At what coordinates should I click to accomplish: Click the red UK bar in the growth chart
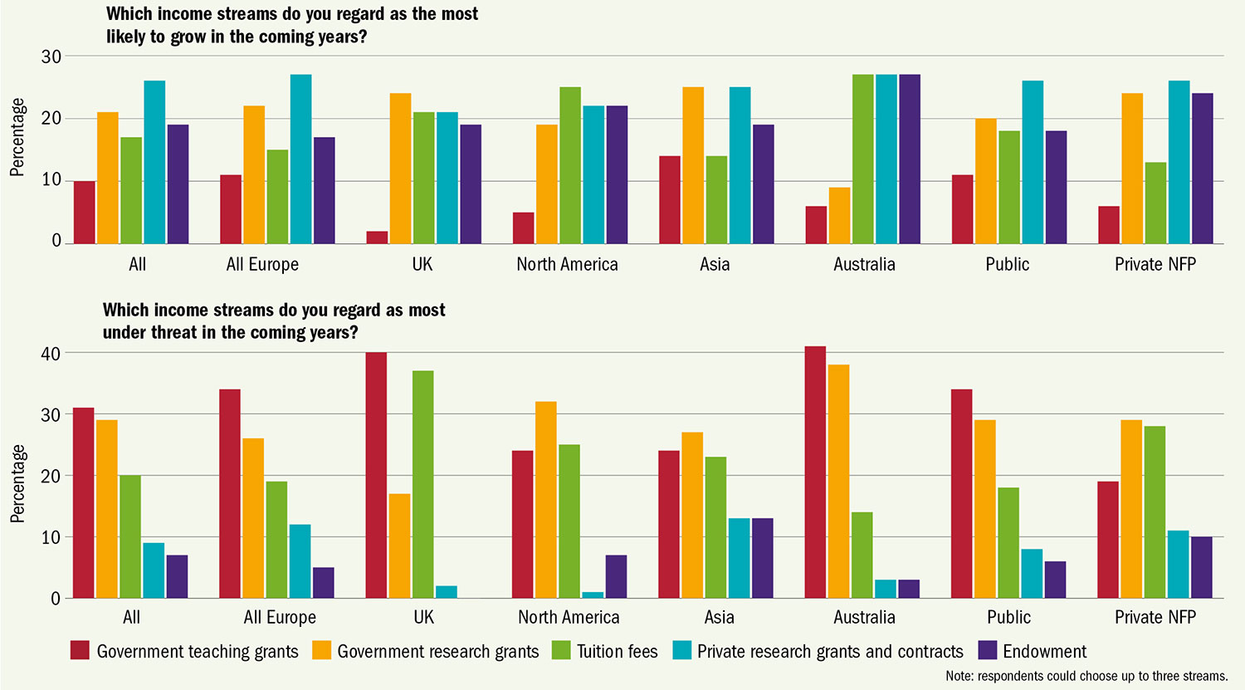point(377,237)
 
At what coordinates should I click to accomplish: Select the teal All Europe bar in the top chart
point(300,159)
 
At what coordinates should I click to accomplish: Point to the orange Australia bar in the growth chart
point(839,215)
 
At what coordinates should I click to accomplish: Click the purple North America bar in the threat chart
point(616,576)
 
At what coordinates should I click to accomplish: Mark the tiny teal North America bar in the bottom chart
point(592,595)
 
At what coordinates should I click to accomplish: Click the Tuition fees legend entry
point(605,651)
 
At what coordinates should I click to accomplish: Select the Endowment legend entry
point(1033,651)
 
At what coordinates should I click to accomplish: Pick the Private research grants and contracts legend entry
point(818,651)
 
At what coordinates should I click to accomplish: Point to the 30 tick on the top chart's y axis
point(51,56)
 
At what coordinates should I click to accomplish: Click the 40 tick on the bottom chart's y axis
point(51,354)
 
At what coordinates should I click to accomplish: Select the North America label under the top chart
point(567,265)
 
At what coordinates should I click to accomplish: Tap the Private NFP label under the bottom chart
point(1155,618)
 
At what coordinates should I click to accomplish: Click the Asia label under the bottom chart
point(719,618)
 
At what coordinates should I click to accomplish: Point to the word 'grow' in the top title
point(188,37)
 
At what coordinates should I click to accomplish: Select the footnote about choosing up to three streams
point(1086,676)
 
